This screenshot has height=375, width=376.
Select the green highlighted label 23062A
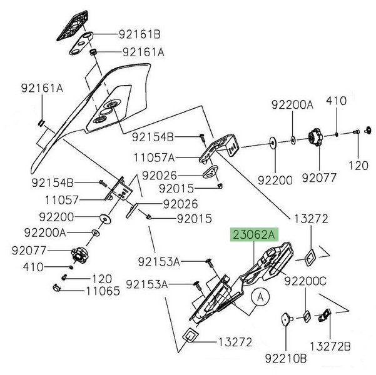click(254, 235)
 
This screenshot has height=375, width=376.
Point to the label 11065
click(103, 290)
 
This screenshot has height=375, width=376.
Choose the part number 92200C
click(305, 281)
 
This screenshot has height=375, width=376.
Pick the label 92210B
click(285, 359)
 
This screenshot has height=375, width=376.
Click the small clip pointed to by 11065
click(55, 288)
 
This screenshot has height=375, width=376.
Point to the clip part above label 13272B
click(325, 317)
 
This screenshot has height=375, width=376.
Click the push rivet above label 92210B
click(285, 319)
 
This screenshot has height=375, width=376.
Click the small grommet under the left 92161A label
click(41, 121)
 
